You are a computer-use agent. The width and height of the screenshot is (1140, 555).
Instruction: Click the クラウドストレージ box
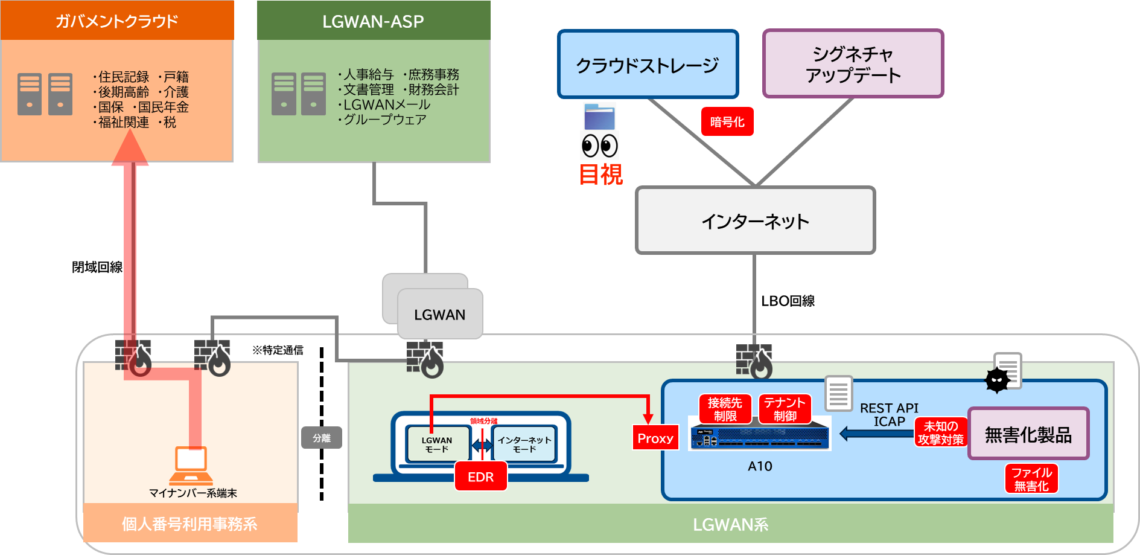[x=648, y=65]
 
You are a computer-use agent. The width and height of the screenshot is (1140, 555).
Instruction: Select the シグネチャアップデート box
[x=853, y=64]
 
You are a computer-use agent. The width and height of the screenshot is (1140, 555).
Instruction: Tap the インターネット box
[x=755, y=221]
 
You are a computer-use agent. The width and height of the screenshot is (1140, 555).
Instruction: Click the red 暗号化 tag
[x=727, y=121]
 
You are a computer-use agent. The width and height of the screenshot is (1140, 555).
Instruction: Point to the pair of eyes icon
[x=599, y=146]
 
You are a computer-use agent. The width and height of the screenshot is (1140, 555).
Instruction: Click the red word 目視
[x=601, y=175]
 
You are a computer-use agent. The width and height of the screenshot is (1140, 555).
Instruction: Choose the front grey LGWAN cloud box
[x=440, y=315]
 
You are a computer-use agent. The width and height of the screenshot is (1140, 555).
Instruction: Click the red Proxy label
[x=655, y=438]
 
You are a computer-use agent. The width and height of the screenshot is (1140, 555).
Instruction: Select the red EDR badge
[x=480, y=476]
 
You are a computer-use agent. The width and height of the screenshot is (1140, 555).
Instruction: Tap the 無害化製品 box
[x=1028, y=434]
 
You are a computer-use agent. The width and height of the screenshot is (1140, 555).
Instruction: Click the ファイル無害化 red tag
[x=1031, y=479]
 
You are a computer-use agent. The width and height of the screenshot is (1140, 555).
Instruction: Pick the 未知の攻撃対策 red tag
[x=940, y=432]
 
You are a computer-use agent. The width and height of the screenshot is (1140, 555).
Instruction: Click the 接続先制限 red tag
[x=725, y=409]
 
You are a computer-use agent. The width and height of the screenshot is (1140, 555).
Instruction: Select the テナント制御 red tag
[x=785, y=409]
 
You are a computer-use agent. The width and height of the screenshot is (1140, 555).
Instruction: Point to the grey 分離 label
[x=322, y=438]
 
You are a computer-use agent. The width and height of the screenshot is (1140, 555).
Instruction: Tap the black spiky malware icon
[x=997, y=380]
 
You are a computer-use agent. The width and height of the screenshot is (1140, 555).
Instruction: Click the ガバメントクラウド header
[x=117, y=21]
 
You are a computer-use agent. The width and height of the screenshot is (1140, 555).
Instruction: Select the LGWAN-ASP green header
[x=374, y=21]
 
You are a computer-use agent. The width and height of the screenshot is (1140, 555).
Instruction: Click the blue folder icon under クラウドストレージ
[x=599, y=117]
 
